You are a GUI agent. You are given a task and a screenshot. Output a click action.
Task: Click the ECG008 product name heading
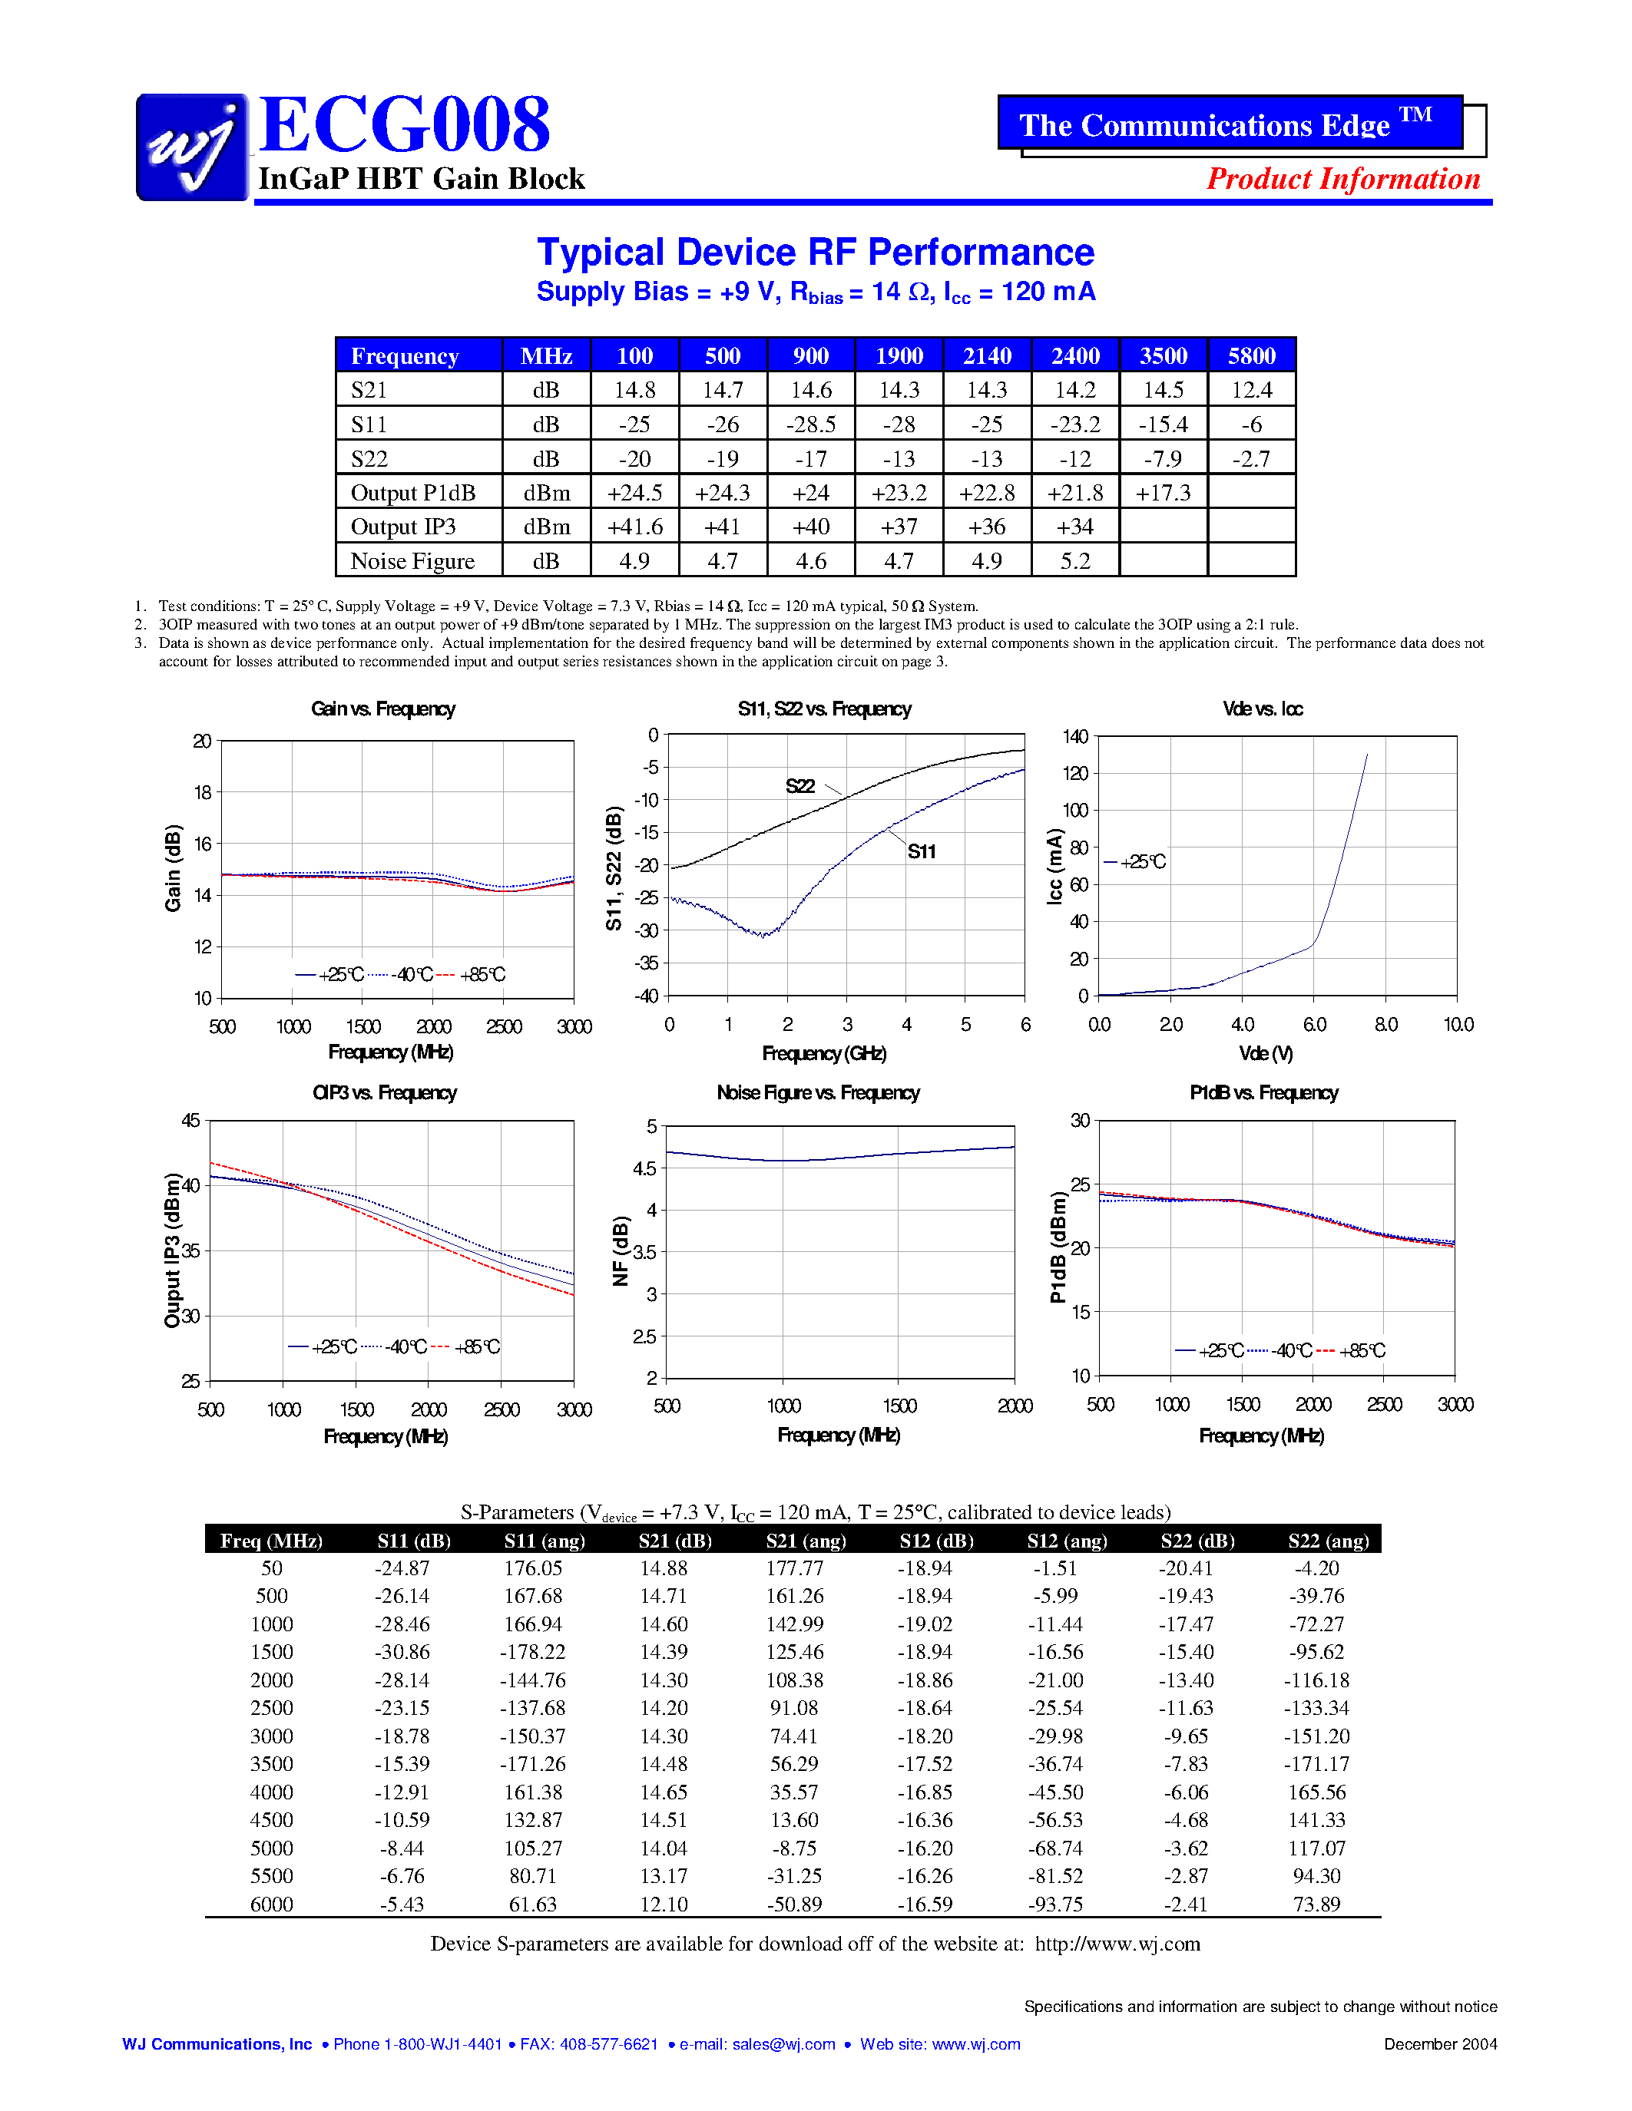404,126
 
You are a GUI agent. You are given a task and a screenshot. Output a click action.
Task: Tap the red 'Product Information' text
1343,179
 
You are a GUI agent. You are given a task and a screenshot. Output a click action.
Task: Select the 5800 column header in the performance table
1251,355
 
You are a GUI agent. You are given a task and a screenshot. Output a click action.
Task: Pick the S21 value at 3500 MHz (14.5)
1163,391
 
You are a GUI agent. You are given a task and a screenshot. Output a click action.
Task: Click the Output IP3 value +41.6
634,527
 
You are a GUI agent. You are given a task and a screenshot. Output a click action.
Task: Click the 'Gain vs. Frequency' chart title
383,709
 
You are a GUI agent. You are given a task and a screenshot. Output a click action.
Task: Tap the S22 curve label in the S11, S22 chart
800,786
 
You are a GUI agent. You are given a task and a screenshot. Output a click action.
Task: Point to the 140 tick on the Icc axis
1075,736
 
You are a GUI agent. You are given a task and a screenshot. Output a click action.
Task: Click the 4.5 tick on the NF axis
644,1168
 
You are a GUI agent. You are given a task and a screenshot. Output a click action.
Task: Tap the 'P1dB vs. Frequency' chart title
1263,1092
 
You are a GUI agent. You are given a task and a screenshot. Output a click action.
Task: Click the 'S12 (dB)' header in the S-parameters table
936,1541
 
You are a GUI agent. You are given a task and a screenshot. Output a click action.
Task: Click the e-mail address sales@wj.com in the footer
783,2044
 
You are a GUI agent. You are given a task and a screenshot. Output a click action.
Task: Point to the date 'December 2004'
1439,2044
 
